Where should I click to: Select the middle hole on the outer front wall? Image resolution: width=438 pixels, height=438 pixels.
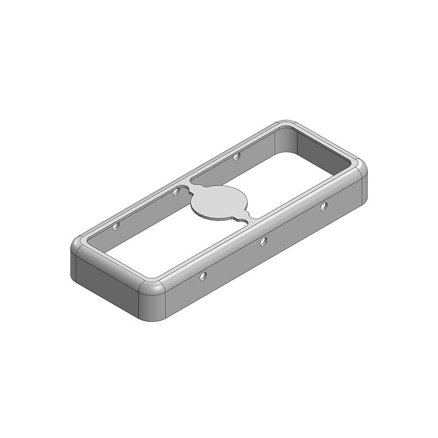(263, 241)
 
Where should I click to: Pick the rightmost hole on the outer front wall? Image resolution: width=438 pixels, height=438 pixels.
(324, 206)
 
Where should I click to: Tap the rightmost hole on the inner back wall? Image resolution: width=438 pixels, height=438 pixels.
(237, 157)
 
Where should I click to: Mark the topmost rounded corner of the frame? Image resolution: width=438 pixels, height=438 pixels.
(286, 124)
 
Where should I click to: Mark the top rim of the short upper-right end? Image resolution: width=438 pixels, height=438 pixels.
(323, 142)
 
